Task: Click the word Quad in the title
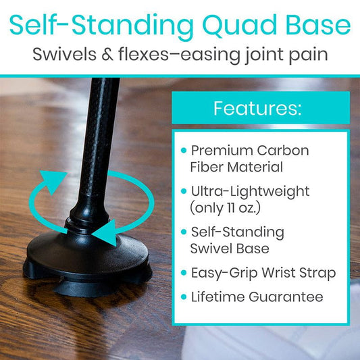coord(233,26)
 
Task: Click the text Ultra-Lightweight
coord(249,192)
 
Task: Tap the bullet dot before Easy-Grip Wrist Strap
coord(184,274)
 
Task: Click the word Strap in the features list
coord(316,273)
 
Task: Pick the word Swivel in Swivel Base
coord(211,249)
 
